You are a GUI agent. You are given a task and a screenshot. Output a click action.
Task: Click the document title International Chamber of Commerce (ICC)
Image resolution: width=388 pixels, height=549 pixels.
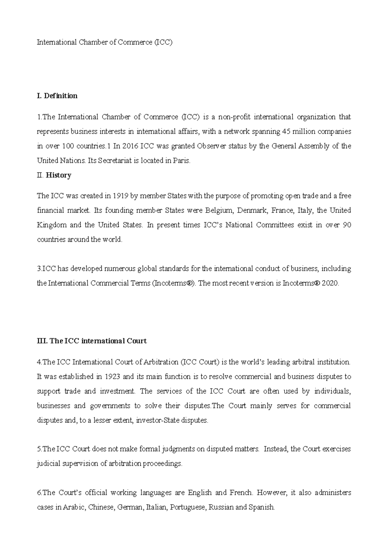pos(105,42)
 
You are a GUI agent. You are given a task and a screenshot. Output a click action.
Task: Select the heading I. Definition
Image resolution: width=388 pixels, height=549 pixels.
pos(57,96)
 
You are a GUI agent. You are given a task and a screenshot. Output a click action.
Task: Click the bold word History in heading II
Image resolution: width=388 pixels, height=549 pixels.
pos(59,175)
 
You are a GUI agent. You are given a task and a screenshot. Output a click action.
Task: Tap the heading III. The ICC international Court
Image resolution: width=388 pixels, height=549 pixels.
pos(92,341)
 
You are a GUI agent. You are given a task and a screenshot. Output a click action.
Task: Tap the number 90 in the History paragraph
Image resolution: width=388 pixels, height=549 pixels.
pos(347,225)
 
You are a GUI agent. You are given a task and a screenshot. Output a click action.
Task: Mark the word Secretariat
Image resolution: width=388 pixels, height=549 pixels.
pos(118,161)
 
